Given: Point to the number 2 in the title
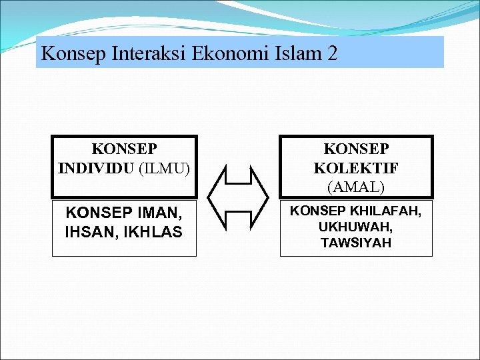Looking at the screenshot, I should tap(332, 53).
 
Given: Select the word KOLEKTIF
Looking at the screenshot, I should tap(356, 167).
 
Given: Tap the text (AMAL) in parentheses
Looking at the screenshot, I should tap(356, 187).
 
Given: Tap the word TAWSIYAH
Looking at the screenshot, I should tap(356, 243).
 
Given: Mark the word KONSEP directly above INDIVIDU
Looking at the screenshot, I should tap(124, 148).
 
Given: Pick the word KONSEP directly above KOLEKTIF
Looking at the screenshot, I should tap(356, 149).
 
